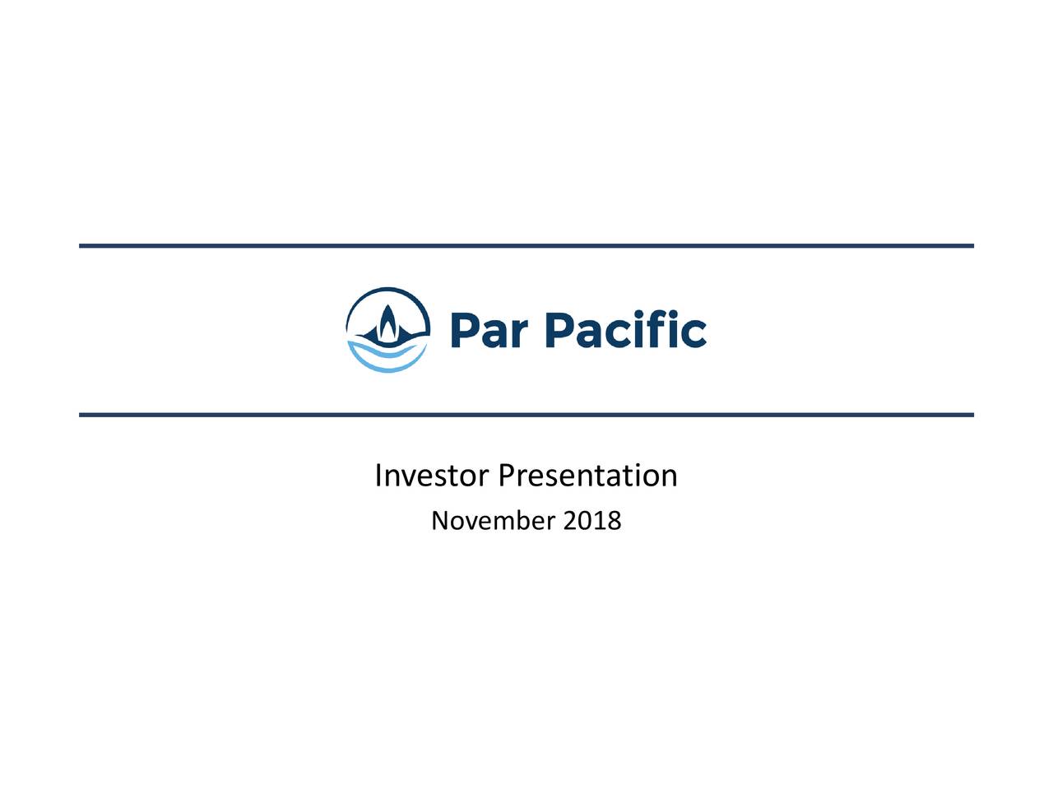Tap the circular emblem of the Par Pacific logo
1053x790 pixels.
(x=387, y=330)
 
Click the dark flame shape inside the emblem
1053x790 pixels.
(x=387, y=323)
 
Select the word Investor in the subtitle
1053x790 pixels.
(x=433, y=476)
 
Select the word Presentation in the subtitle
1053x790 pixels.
(x=588, y=476)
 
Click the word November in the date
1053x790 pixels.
(x=494, y=521)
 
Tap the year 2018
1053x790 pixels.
(x=592, y=521)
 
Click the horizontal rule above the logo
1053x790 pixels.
(x=526, y=246)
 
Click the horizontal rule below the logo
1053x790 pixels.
(x=526, y=415)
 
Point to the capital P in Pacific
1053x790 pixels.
(x=563, y=331)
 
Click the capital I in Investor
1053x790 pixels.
(x=378, y=476)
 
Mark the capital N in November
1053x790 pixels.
(x=439, y=521)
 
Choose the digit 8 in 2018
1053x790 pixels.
(x=614, y=521)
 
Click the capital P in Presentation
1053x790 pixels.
(x=507, y=476)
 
